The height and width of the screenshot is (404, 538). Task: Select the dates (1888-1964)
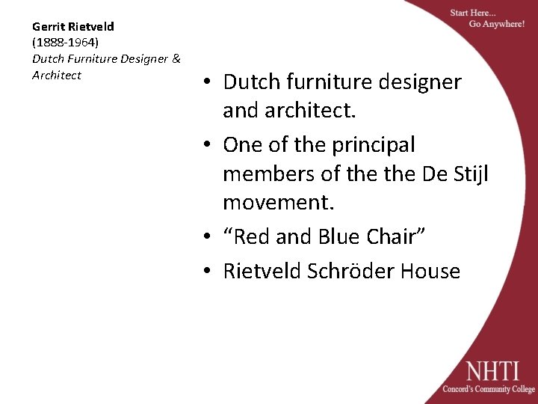[x=65, y=43]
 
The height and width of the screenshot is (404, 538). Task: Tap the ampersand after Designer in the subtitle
[x=176, y=58]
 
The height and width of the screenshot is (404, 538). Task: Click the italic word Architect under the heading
[x=57, y=75]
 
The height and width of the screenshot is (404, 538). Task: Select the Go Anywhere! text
[x=496, y=24]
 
